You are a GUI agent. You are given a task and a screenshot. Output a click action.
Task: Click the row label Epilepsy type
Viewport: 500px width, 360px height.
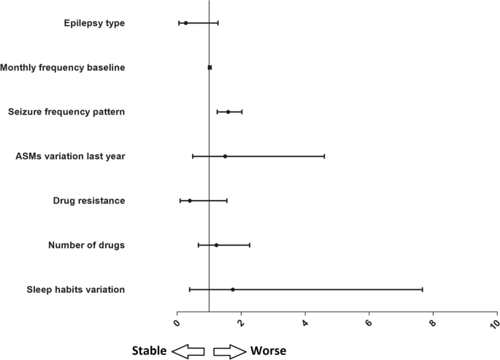click(94, 23)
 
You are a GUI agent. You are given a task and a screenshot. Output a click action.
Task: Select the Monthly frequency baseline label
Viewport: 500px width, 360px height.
click(63, 68)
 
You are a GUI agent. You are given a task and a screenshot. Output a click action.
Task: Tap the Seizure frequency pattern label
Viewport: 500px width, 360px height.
click(66, 112)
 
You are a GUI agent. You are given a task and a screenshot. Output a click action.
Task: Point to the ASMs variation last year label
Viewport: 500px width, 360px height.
click(70, 156)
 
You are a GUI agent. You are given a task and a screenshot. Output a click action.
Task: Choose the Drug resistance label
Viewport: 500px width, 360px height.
click(89, 201)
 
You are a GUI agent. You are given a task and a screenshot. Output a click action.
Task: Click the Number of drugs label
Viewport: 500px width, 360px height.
click(86, 245)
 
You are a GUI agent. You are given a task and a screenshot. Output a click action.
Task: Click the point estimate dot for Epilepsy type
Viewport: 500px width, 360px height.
click(186, 23)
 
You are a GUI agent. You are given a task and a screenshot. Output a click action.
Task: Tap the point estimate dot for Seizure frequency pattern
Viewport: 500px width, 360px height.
click(228, 112)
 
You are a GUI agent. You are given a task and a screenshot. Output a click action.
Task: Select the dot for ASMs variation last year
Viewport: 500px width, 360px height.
click(225, 156)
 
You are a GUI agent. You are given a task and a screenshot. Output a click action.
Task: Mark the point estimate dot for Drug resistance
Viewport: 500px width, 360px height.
click(190, 201)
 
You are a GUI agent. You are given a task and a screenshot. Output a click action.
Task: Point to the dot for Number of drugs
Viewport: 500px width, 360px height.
click(216, 245)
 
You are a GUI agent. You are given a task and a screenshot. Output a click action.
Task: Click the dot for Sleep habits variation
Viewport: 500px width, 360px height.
click(233, 290)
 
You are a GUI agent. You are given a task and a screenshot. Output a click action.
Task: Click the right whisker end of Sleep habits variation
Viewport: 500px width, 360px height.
click(422, 290)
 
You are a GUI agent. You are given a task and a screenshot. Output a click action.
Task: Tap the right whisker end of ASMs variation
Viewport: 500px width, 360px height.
click(324, 156)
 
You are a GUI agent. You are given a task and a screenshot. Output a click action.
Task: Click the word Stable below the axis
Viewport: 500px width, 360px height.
click(149, 351)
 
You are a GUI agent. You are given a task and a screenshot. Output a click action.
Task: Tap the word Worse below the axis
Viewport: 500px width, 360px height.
click(269, 351)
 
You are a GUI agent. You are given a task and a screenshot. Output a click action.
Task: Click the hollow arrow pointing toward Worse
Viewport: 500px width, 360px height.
click(229, 351)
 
